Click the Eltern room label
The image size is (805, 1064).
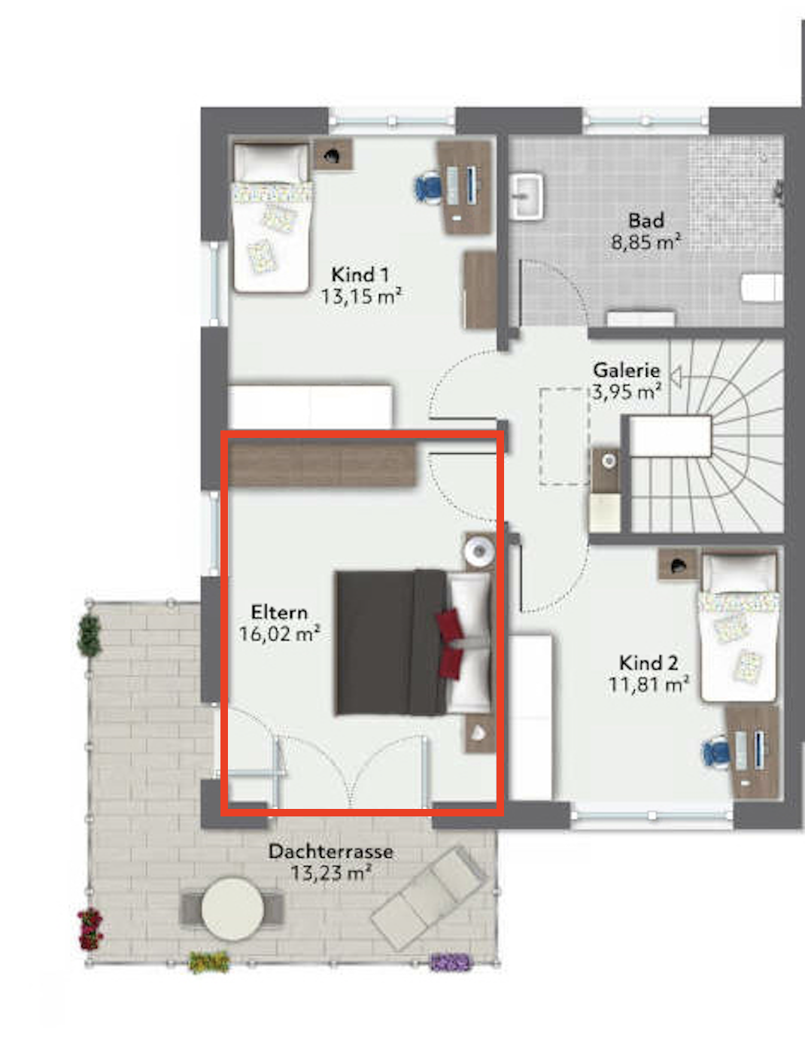click(x=279, y=613)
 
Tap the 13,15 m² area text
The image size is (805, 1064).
click(x=362, y=296)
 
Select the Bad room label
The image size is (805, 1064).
click(x=646, y=220)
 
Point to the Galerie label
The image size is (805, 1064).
click(x=627, y=370)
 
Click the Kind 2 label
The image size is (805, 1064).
click(x=649, y=663)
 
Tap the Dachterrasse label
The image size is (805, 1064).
click(x=331, y=852)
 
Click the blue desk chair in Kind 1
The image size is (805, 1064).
click(x=428, y=186)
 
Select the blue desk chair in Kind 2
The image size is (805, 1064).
click(x=715, y=754)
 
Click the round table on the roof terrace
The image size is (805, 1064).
click(x=233, y=910)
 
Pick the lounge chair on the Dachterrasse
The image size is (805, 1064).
click(x=429, y=897)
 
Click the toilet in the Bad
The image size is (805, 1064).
click(x=762, y=288)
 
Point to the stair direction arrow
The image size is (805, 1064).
click(x=676, y=377)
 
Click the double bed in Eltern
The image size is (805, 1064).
click(x=413, y=643)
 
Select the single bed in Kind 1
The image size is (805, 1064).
click(x=272, y=217)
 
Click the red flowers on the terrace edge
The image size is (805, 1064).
click(x=90, y=929)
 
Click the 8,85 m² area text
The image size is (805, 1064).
click(x=646, y=242)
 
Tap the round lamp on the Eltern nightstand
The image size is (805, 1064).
click(x=479, y=551)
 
